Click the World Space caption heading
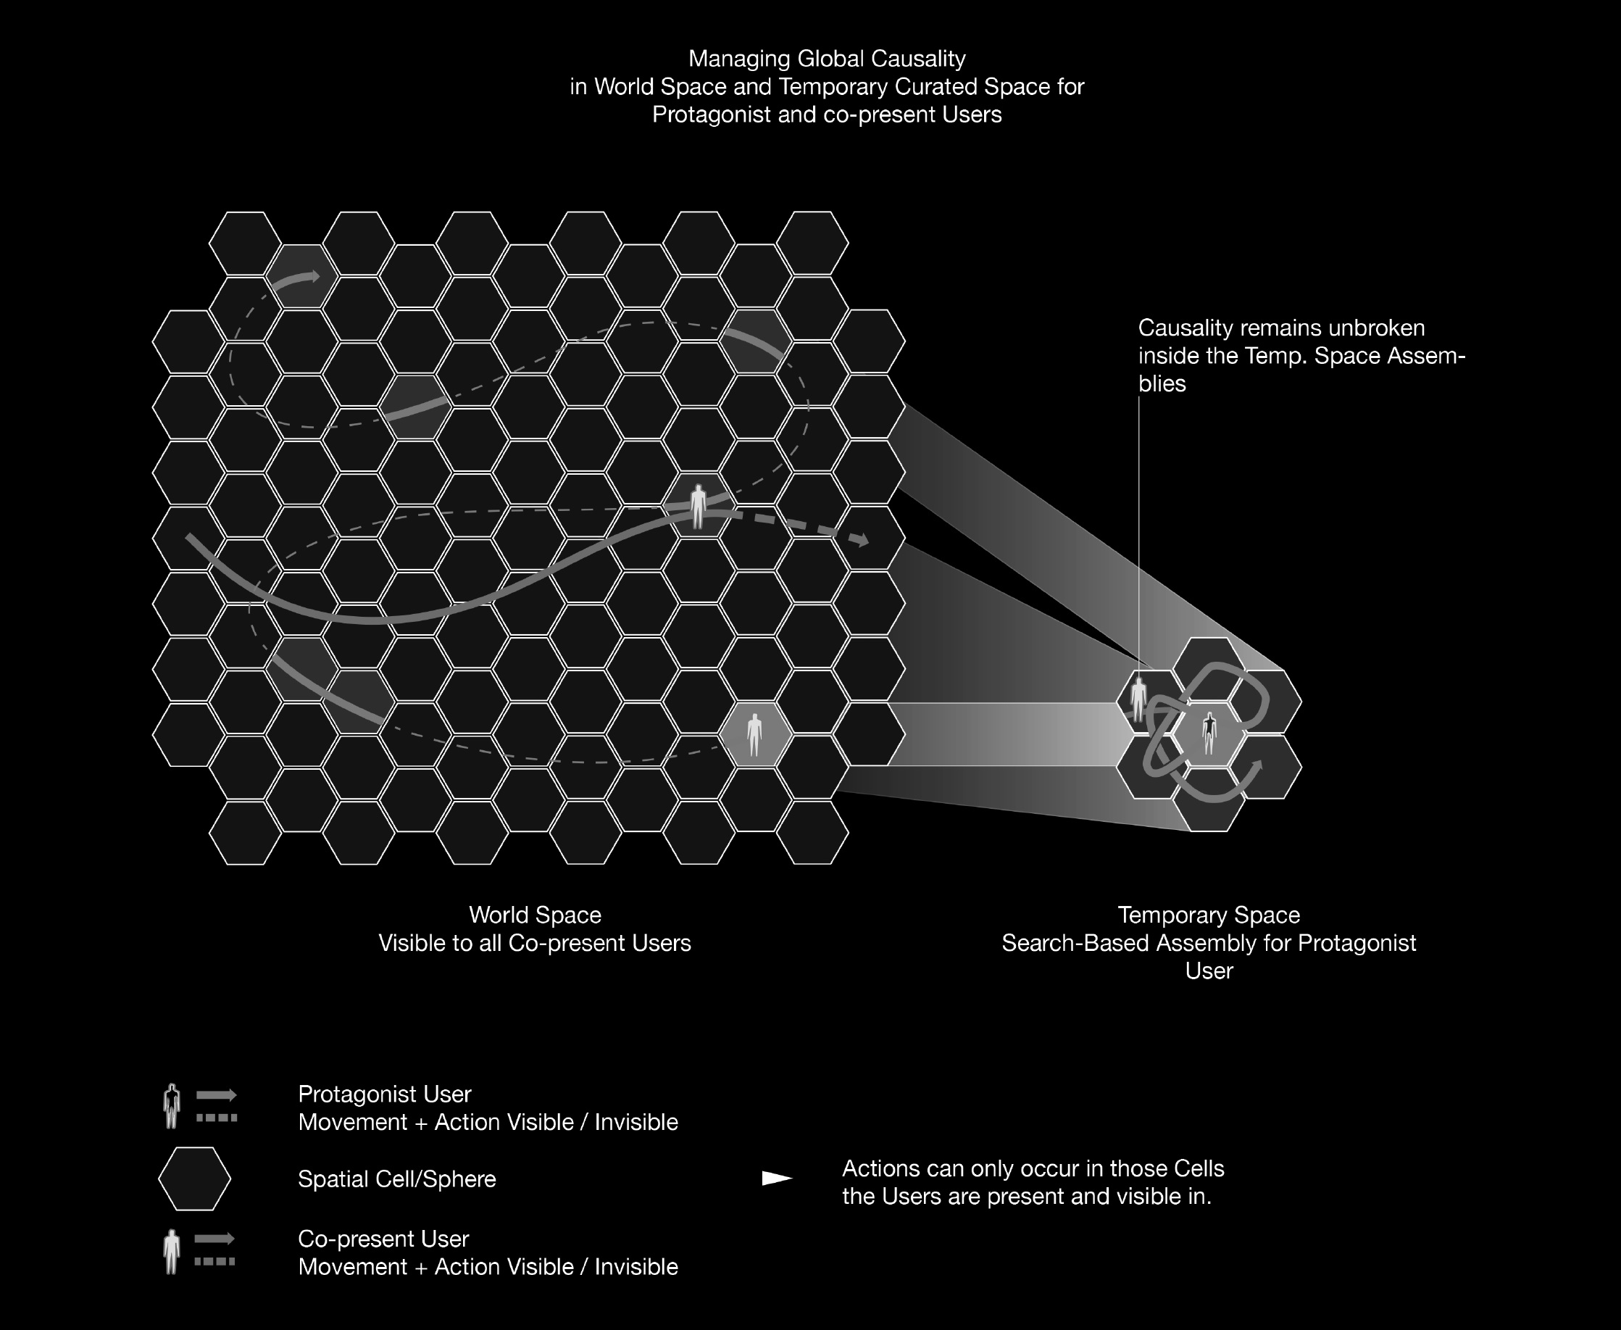[x=535, y=915]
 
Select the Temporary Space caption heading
[x=1208, y=915]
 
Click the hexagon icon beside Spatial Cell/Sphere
[x=195, y=1179]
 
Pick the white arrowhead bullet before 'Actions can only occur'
[x=777, y=1179]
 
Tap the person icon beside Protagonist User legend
[x=172, y=1105]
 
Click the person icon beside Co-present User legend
[x=172, y=1251]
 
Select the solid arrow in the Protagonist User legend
[x=217, y=1094]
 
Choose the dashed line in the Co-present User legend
[x=215, y=1262]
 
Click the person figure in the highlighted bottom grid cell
[x=754, y=735]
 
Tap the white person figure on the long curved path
[x=698, y=506]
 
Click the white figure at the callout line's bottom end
[x=1139, y=698]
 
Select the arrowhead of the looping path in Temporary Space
[x=1256, y=767]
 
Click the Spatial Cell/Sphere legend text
[x=397, y=1179]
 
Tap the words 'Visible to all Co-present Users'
[x=535, y=943]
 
